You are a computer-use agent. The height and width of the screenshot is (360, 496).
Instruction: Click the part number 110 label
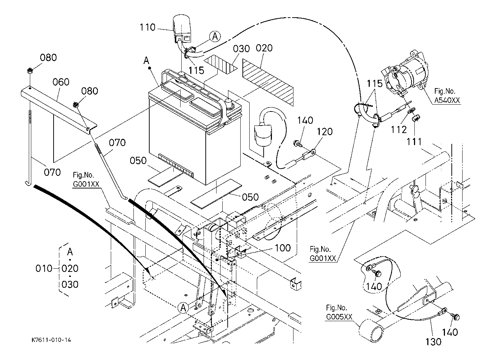tap(147, 27)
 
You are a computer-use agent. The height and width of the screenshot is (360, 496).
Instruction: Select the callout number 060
tap(61, 82)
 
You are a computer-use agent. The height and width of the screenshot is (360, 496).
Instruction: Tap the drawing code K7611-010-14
tap(51, 340)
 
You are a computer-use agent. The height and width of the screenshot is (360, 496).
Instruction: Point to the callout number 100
tap(283, 248)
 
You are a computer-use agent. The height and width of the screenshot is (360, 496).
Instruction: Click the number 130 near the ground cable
tap(433, 342)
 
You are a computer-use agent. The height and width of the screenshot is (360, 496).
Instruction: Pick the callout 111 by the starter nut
tap(414, 141)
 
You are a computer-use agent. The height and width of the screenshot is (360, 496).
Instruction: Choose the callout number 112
tap(399, 129)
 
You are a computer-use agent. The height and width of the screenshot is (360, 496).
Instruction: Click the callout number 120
tap(325, 132)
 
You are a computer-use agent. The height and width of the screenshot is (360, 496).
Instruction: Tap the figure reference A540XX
tap(447, 100)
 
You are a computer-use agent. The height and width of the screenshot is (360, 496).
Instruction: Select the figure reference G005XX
tap(339, 317)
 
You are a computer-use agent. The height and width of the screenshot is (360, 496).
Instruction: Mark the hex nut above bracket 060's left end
tap(29, 71)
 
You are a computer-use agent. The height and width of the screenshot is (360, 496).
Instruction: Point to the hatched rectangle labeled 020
tap(268, 82)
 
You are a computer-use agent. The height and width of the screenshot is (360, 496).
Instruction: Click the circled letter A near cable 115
tap(215, 36)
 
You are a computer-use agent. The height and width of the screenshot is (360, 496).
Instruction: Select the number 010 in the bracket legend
tap(44, 269)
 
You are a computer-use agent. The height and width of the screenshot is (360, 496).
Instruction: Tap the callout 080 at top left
tap(48, 58)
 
